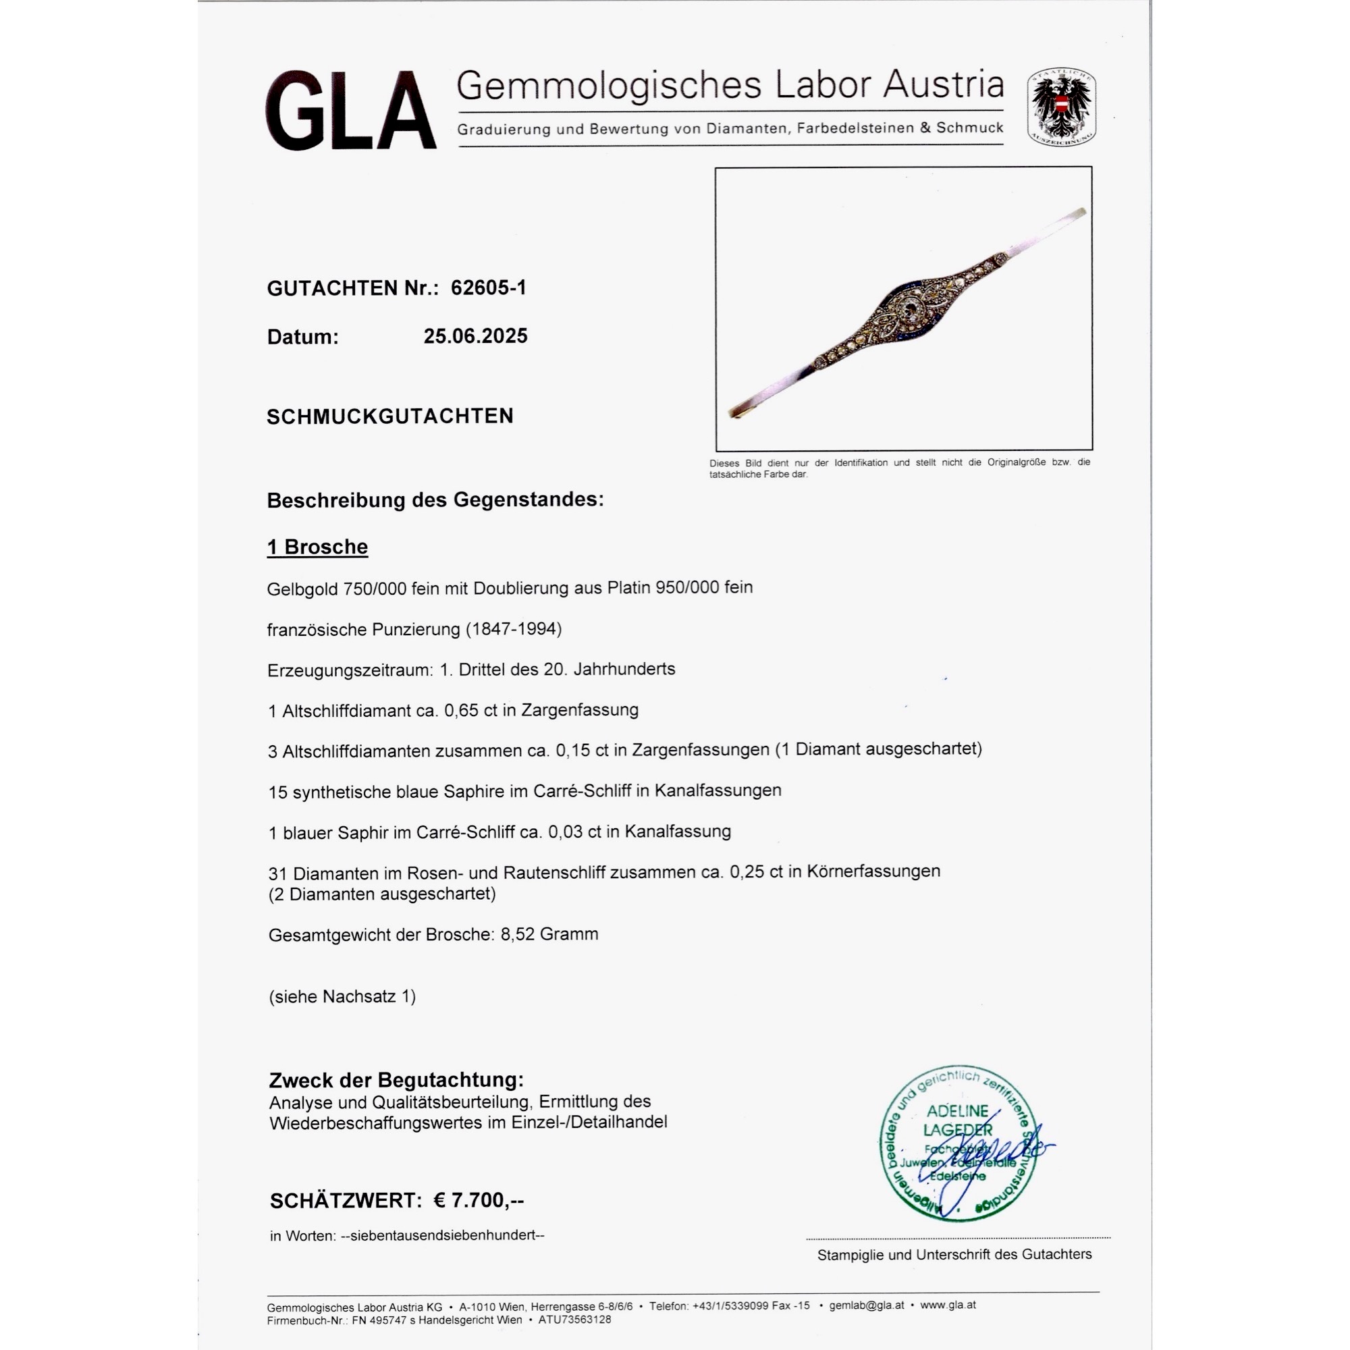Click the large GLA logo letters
(350, 111)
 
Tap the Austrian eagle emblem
(1060, 107)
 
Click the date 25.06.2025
(475, 336)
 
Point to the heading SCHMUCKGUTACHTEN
(390, 416)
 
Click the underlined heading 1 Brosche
(317, 547)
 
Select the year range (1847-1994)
(514, 629)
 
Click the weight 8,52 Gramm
(549, 934)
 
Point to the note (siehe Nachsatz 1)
(342, 996)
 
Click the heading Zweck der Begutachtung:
(396, 1079)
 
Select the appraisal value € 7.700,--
(479, 1200)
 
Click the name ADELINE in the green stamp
(957, 1111)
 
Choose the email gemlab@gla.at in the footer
(867, 1305)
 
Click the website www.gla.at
(948, 1305)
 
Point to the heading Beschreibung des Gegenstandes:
(435, 500)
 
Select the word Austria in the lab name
(942, 85)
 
